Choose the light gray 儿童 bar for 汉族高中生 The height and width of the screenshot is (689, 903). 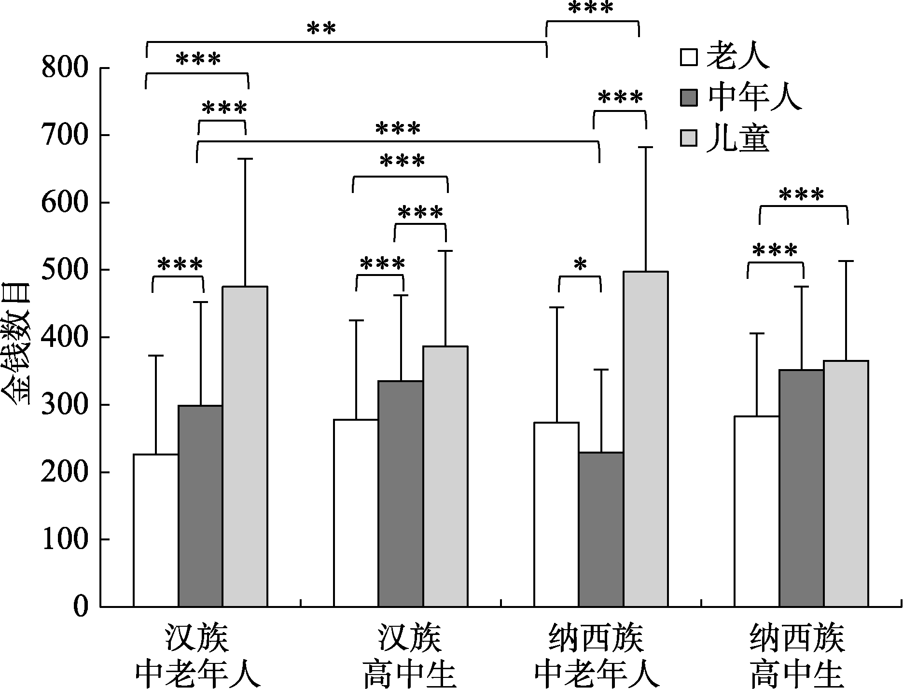pos(445,476)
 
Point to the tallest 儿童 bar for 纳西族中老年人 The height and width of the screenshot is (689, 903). pos(646,439)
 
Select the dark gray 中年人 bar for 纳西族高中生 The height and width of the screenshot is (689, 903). pos(801,488)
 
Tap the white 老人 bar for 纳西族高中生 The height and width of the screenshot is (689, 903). pos(756,511)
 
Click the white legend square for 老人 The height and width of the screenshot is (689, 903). pos(689,57)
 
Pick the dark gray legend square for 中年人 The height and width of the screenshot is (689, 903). pos(689,97)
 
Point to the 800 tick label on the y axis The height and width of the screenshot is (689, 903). pos(65,68)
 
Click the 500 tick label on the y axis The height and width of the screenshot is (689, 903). pos(65,270)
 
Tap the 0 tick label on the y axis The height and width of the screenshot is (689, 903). pos(81,606)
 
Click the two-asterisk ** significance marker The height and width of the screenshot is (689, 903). pos(321,28)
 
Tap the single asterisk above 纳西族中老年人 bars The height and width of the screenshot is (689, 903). pos(580,264)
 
